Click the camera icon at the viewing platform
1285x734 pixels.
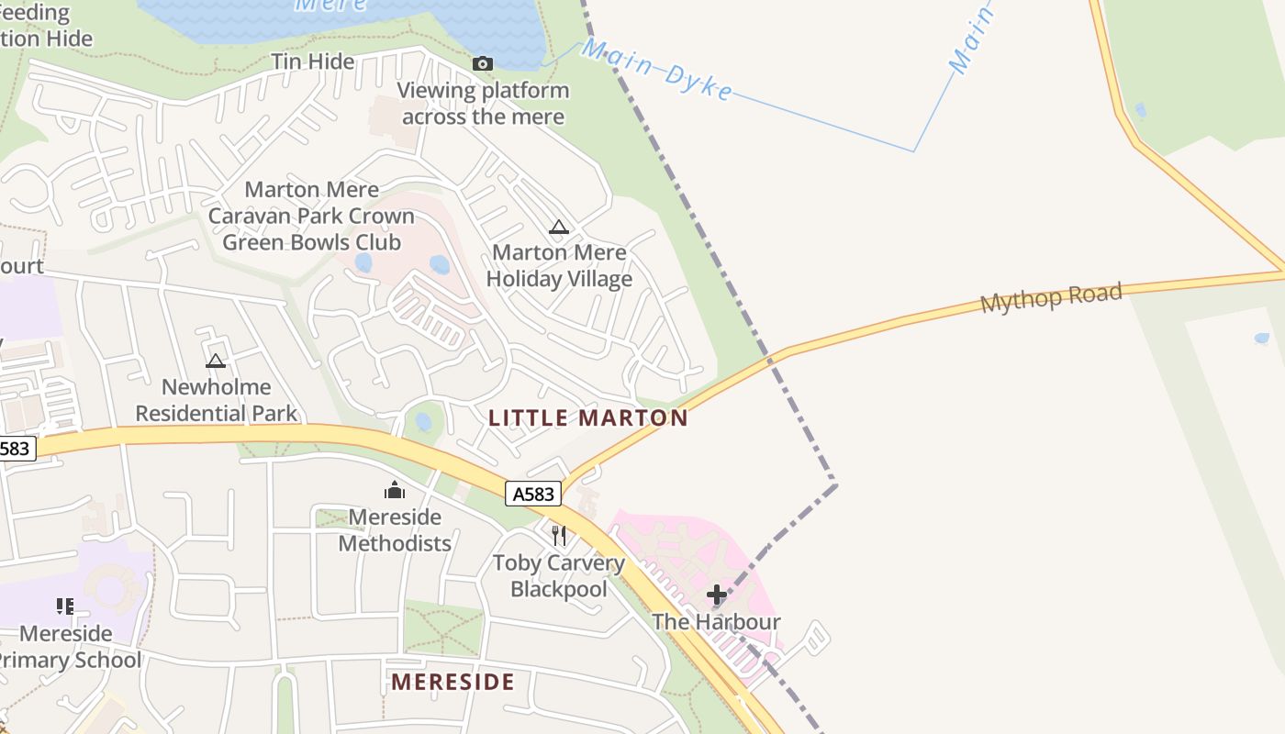coord(482,63)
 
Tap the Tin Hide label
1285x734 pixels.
coord(312,61)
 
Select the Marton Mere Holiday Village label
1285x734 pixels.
coord(559,266)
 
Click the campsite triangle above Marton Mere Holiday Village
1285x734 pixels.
coord(558,228)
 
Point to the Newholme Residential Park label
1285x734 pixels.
coord(217,400)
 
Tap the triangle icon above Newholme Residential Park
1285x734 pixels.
coord(216,361)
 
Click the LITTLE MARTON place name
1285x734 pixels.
coord(587,418)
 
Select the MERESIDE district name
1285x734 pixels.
coord(453,682)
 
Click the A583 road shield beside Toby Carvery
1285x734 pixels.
coord(533,494)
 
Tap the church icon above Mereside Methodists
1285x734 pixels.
coord(395,490)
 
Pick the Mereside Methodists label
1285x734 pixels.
coord(395,530)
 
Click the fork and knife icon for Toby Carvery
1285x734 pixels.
coord(558,535)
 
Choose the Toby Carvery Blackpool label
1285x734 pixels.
coord(558,576)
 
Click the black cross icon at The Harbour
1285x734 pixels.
coord(717,595)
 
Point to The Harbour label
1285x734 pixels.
coord(716,622)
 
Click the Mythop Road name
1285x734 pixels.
coord(1051,298)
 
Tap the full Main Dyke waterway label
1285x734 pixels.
coord(657,69)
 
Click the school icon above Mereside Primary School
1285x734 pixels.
coord(65,606)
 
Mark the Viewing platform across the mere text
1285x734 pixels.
coord(483,104)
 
